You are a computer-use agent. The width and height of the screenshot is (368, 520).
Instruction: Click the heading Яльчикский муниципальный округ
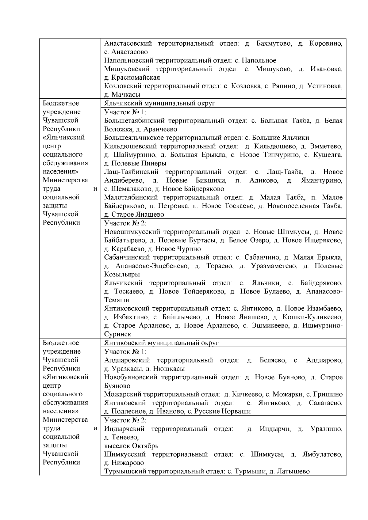click(159, 103)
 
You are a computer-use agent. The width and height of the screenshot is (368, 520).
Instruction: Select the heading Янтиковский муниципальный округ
click(161, 343)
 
